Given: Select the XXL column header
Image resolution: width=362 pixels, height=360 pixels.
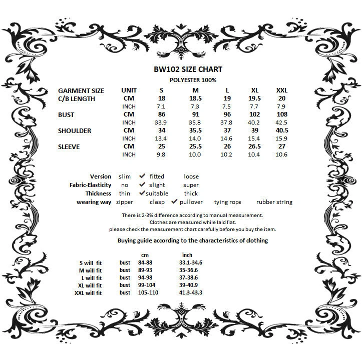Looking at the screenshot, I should point(282,90).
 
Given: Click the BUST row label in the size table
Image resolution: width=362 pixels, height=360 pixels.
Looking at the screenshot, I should point(66,114).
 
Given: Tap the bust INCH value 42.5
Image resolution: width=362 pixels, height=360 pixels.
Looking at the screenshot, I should point(282,122).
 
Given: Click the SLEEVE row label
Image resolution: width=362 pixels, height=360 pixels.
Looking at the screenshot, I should point(69,146).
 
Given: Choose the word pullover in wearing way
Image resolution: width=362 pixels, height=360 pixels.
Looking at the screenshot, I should point(191,202).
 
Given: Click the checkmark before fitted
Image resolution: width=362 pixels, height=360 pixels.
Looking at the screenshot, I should point(142,176).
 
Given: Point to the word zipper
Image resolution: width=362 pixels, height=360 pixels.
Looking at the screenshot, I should point(125,202).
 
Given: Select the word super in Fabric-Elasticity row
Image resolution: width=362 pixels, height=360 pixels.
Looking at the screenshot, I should point(191,185).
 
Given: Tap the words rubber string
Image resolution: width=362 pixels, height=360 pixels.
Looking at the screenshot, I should point(274,202).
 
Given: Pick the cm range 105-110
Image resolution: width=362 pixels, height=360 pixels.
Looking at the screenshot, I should point(148,292).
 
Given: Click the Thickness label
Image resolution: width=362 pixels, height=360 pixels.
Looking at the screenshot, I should point(99,193).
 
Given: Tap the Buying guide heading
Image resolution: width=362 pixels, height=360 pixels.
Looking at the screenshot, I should point(192,240).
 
